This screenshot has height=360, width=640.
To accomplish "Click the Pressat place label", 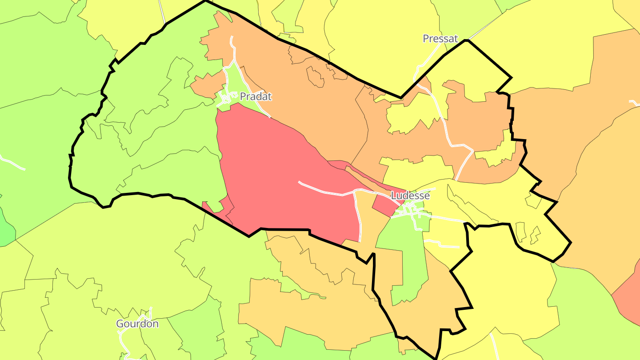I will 440,39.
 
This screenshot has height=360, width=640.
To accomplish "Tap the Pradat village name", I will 256,96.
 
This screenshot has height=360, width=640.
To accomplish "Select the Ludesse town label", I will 410,196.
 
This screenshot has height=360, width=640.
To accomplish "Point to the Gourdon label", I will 137,324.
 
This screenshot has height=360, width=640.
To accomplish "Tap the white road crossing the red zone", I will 324,192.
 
